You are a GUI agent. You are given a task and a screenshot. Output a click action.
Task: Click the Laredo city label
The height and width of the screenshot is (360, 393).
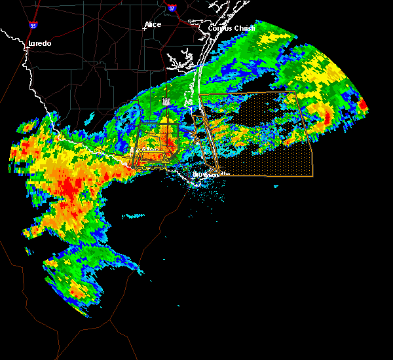(39, 43)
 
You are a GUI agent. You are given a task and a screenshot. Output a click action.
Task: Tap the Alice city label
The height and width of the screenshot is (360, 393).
(153, 24)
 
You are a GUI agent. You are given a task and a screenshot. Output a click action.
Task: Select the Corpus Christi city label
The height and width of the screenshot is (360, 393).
(231, 28)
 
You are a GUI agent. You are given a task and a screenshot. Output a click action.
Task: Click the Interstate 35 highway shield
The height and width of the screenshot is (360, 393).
(33, 26)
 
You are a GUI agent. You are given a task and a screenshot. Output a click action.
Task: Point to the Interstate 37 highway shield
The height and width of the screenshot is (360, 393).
(172, 9)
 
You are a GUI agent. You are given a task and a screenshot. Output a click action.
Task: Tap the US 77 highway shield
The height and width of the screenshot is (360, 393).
(166, 101)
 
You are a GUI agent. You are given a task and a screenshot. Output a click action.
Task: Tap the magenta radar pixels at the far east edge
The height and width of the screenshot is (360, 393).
(362, 104)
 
